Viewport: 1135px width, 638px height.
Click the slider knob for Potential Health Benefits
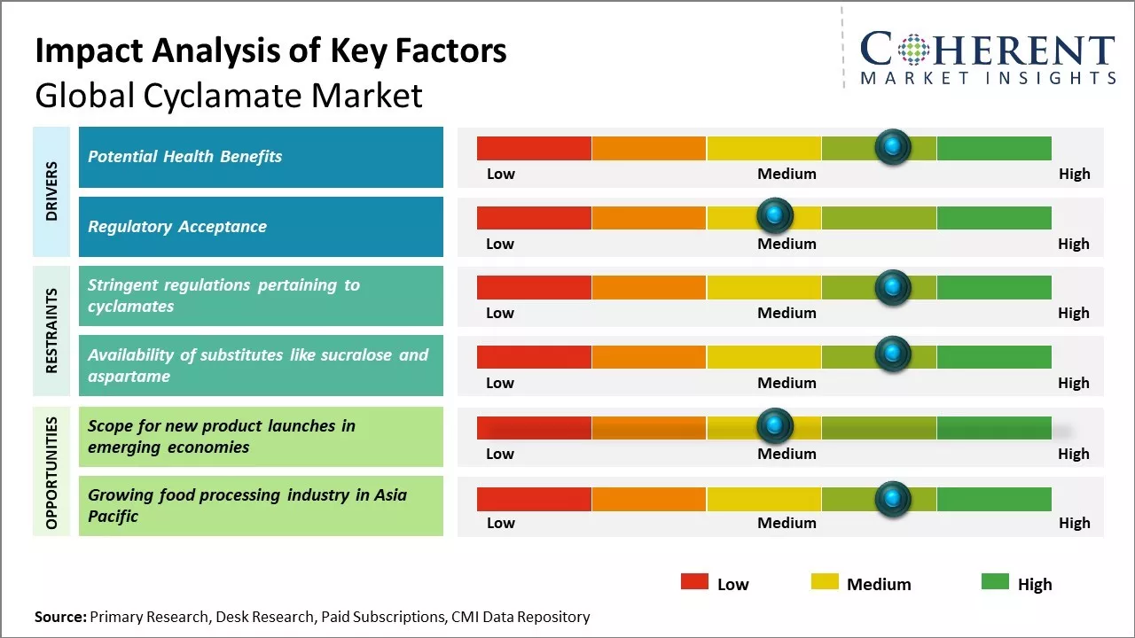click(x=892, y=146)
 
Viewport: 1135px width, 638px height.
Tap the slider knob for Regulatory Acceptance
click(x=775, y=215)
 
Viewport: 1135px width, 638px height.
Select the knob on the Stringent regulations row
click(x=892, y=286)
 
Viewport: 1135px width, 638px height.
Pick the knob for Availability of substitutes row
click(x=892, y=354)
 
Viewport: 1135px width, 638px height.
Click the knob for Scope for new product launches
click(x=775, y=426)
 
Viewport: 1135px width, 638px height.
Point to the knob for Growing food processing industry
click(x=892, y=498)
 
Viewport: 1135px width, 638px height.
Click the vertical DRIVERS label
click(x=51, y=191)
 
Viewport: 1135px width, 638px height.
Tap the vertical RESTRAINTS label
click(x=51, y=331)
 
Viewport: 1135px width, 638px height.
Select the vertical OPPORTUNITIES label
click(x=51, y=472)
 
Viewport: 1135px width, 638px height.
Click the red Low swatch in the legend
click(x=694, y=581)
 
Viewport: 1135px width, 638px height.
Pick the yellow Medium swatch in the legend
click(x=825, y=581)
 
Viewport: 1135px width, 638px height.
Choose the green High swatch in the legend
click(x=995, y=581)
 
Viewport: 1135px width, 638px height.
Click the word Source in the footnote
click(x=60, y=617)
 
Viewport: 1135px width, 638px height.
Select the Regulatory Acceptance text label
click(x=177, y=227)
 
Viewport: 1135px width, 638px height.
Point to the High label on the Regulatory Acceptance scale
click(x=1073, y=244)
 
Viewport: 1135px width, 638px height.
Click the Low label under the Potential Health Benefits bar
click(x=500, y=174)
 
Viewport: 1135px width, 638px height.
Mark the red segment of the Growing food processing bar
click(x=534, y=499)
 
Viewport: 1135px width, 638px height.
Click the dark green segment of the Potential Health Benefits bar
click(x=993, y=148)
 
